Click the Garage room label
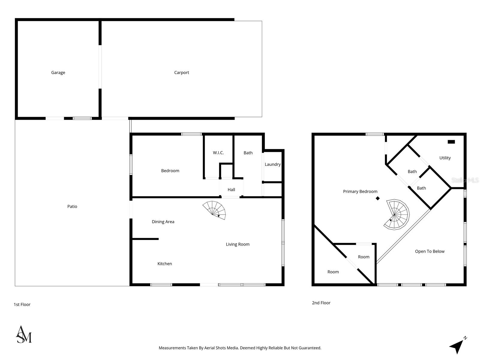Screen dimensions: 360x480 coord(58,73)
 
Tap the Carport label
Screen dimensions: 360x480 coord(181,73)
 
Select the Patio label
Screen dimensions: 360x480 coord(72,206)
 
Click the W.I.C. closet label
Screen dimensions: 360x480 coord(218,153)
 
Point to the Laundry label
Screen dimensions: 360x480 coord(272,164)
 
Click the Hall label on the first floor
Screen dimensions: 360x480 coord(231,190)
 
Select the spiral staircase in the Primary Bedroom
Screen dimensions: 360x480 coord(397,215)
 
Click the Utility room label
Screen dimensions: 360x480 coord(445,158)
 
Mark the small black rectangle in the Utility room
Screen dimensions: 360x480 coord(451,142)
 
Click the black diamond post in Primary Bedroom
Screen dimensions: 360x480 coord(378,198)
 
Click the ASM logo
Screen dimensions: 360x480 coord(23,334)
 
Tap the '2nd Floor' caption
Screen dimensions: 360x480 coord(321,303)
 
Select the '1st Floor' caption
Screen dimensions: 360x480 coord(22,304)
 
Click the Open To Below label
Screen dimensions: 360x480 coord(430,251)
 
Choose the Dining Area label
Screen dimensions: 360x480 coord(163,222)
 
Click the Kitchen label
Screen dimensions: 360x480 coord(164,264)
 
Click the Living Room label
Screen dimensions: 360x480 coord(238,244)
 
